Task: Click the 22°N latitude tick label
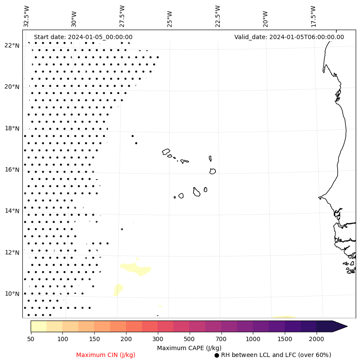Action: click(x=12, y=46)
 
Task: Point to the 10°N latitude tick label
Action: click(x=12, y=294)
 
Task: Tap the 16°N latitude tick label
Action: click(x=12, y=170)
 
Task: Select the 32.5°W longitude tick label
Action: click(x=27, y=16)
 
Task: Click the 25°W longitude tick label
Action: click(x=169, y=19)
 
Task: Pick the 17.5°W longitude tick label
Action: click(x=313, y=16)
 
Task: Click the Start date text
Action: click(x=83, y=37)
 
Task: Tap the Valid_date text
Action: click(x=289, y=37)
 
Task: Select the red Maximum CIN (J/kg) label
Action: click(x=106, y=355)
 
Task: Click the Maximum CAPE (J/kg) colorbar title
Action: click(x=189, y=348)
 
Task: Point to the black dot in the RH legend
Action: click(x=217, y=355)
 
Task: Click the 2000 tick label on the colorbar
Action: click(x=316, y=339)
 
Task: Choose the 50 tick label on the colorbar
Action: click(x=31, y=339)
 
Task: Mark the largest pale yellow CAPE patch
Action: click(x=137, y=269)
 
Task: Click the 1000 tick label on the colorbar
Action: click(x=253, y=339)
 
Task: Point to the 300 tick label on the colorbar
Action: click(x=158, y=339)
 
